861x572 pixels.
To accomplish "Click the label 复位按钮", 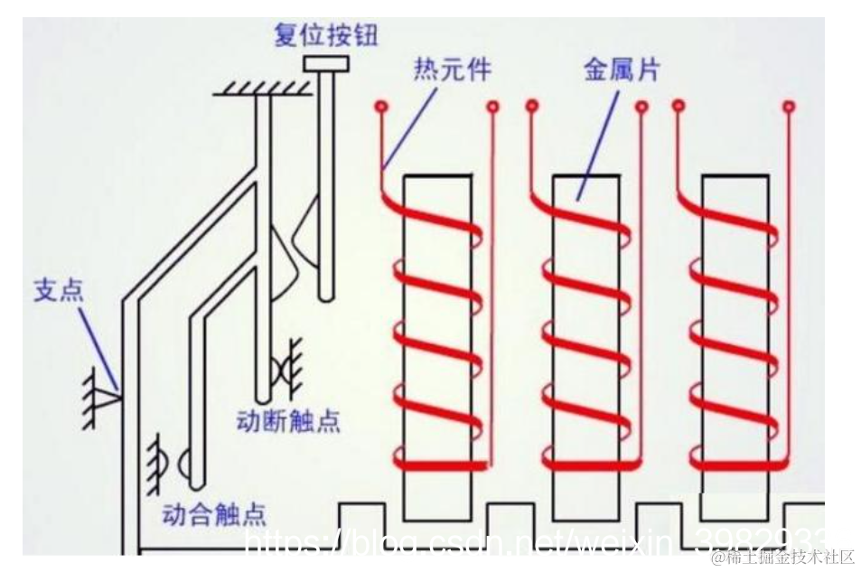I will tap(325, 35).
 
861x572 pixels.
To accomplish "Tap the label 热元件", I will tap(452, 69).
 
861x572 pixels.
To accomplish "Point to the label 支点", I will tap(59, 290).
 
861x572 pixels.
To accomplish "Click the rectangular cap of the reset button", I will tap(326, 63).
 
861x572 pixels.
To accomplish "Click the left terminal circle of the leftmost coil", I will tap(381, 107).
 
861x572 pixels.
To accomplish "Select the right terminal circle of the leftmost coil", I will tap(492, 107).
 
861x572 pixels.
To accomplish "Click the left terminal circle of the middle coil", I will tap(530, 107).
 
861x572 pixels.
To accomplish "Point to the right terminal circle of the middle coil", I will tap(641, 107).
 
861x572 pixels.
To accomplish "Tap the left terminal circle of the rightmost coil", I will tap(679, 107).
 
